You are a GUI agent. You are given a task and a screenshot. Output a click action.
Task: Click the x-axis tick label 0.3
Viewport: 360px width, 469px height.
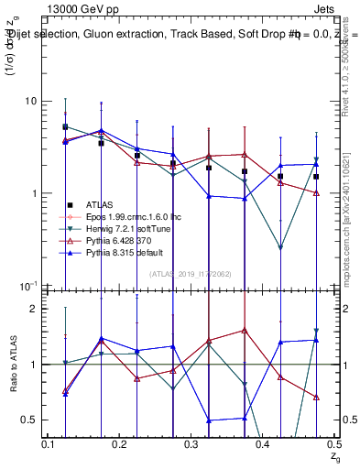pos(191,443)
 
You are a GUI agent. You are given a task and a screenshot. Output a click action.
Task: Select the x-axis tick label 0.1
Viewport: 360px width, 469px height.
pos(49,443)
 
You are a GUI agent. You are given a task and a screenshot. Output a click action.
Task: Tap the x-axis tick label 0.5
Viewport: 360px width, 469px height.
pos(334,443)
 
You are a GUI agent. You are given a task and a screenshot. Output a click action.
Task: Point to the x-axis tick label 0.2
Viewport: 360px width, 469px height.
pos(120,443)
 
